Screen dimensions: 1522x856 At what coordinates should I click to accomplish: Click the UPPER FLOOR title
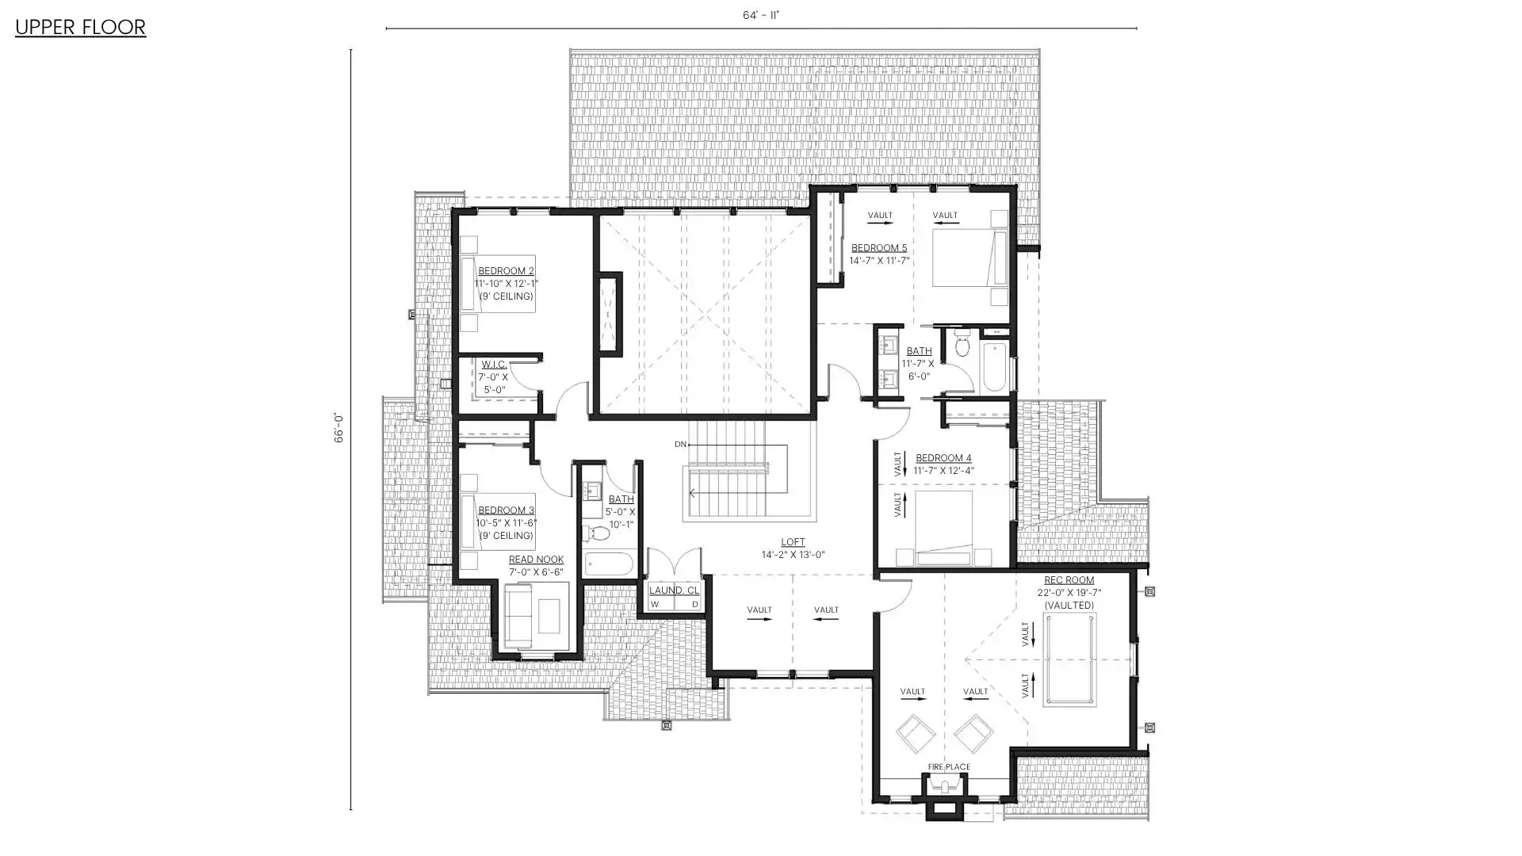pyautogui.click(x=80, y=28)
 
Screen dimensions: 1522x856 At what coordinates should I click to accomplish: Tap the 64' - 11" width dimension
pyautogui.click(x=761, y=15)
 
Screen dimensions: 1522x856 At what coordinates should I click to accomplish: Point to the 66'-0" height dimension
pyautogui.click(x=338, y=428)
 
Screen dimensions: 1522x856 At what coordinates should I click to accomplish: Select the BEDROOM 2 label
pyautogui.click(x=506, y=271)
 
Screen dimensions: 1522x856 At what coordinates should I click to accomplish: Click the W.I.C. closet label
pyautogui.click(x=494, y=365)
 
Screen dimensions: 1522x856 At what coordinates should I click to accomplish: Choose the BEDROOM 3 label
pyautogui.click(x=506, y=510)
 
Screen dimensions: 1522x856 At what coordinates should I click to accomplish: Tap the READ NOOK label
pyautogui.click(x=536, y=560)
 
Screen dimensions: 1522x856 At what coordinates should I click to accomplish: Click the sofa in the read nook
pyautogui.click(x=519, y=616)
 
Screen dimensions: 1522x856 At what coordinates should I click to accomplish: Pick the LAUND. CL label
pyautogui.click(x=674, y=590)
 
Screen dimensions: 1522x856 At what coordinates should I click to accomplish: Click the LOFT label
pyautogui.click(x=793, y=542)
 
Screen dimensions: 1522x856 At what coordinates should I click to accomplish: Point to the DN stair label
pyautogui.click(x=680, y=445)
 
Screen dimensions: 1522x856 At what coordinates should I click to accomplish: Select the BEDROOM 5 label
pyautogui.click(x=879, y=248)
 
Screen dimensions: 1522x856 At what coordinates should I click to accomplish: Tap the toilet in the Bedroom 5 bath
pyautogui.click(x=962, y=346)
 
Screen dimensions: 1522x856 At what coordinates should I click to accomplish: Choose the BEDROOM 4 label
pyautogui.click(x=943, y=458)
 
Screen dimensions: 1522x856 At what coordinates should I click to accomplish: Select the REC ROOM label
pyautogui.click(x=1069, y=580)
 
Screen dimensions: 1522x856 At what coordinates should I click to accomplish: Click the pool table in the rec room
pyautogui.click(x=1070, y=659)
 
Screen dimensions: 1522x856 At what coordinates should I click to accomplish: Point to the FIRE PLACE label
pyautogui.click(x=949, y=767)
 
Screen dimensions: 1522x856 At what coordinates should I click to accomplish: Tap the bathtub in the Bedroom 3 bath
pyautogui.click(x=609, y=564)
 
